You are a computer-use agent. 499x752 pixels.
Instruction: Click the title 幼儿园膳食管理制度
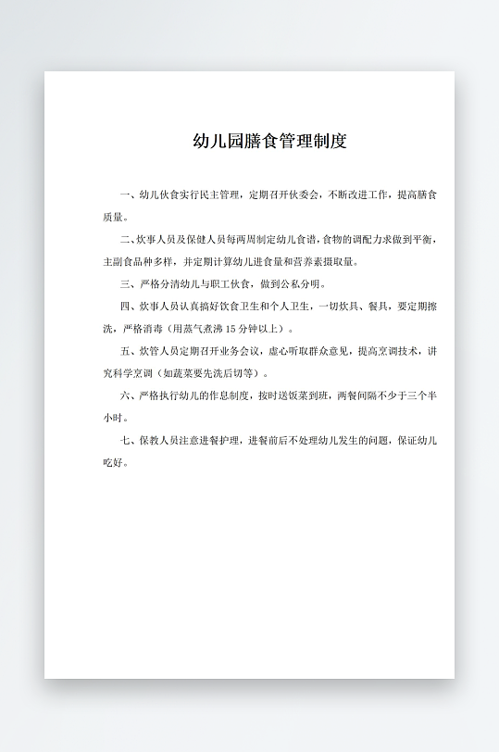269,142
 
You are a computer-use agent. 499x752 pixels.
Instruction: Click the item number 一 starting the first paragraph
125,195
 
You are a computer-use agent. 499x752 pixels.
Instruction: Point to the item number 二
125,240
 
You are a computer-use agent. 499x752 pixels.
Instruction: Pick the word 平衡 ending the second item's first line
426,240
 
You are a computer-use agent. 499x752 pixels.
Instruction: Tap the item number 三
125,284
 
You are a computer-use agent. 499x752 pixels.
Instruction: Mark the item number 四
125,307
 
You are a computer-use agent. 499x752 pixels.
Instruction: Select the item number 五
125,351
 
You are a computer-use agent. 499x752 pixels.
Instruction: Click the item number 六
125,395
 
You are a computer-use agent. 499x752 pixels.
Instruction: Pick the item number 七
125,440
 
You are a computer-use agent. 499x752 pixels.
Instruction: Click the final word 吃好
111,462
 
